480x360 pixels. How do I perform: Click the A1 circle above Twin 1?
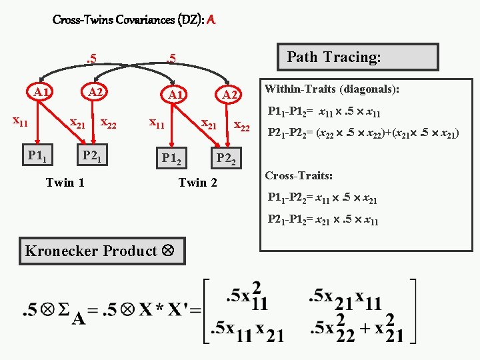41,91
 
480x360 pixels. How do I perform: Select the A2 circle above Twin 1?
96,91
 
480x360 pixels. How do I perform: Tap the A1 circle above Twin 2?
175,95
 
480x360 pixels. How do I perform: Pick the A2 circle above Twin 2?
230,95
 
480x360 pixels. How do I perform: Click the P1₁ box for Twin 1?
37,155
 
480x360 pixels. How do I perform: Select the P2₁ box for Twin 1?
91,155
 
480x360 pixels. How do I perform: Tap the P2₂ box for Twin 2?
227,159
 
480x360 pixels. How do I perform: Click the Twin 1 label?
65,182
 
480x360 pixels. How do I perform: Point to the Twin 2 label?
198,182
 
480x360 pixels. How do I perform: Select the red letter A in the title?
211,20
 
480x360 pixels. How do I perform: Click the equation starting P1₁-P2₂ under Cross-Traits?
323,198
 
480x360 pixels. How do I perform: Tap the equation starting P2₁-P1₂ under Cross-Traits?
323,220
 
